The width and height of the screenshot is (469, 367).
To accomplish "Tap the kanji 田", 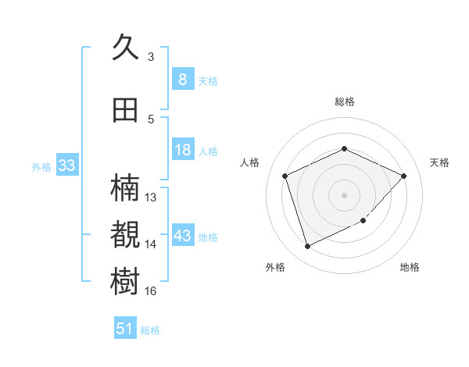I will point(126,110).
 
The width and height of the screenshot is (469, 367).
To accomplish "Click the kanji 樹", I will point(127,281).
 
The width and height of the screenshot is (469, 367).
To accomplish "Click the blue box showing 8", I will point(182,79).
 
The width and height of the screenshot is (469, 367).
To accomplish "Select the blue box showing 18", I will point(182,150).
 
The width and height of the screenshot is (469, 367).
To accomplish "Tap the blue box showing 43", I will point(182,236).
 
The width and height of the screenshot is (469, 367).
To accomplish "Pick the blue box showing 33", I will point(66,166).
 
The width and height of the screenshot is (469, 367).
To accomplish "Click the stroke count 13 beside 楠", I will point(151,198).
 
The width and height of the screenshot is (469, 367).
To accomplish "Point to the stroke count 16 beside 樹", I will point(151,291).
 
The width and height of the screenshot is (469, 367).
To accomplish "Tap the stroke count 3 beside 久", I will point(151,57).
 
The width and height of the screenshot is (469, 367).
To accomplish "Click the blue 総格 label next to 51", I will point(150,330).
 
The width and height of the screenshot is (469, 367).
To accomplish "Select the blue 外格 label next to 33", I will point(41,166).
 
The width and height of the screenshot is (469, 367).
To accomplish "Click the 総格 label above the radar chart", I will point(344,102).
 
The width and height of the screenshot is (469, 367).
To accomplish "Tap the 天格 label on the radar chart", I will point(439,162).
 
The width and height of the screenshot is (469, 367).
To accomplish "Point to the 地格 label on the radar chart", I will point(410,267).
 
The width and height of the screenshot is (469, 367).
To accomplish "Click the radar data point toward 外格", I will point(307,247).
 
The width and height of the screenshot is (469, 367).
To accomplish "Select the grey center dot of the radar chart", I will point(344,194).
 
